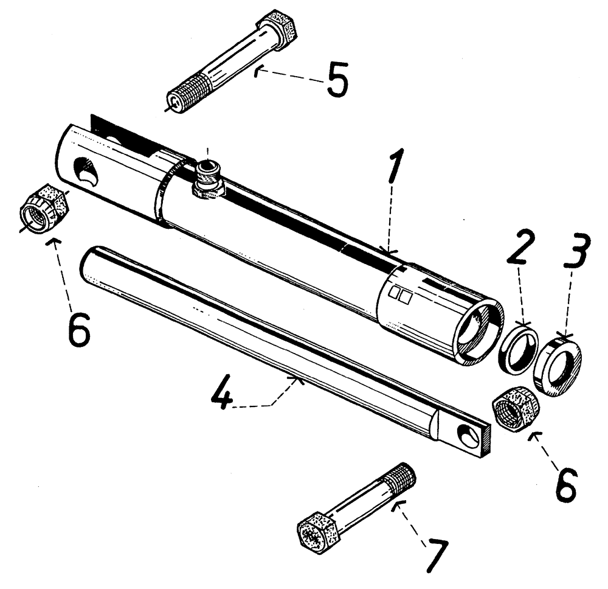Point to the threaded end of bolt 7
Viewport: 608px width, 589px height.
click(401, 476)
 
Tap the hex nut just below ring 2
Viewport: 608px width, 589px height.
click(513, 408)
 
